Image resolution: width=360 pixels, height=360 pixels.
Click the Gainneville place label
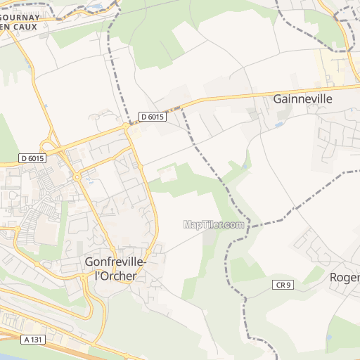[302, 99]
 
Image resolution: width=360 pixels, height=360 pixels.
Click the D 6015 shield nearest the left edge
[32, 158]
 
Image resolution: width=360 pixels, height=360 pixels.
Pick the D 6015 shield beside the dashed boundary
[151, 117]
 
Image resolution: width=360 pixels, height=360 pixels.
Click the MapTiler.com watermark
[214, 225]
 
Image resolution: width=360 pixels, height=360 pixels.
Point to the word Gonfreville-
[116, 262]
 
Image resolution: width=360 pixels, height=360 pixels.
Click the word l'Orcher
[115, 276]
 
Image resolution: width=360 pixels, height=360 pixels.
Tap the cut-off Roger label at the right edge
[345, 277]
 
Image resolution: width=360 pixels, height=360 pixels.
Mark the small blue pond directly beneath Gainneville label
[280, 124]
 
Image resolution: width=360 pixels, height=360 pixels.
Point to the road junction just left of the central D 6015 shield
[127, 125]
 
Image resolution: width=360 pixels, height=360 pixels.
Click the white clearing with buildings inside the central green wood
[167, 173]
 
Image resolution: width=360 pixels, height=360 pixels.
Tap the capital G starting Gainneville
[277, 99]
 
